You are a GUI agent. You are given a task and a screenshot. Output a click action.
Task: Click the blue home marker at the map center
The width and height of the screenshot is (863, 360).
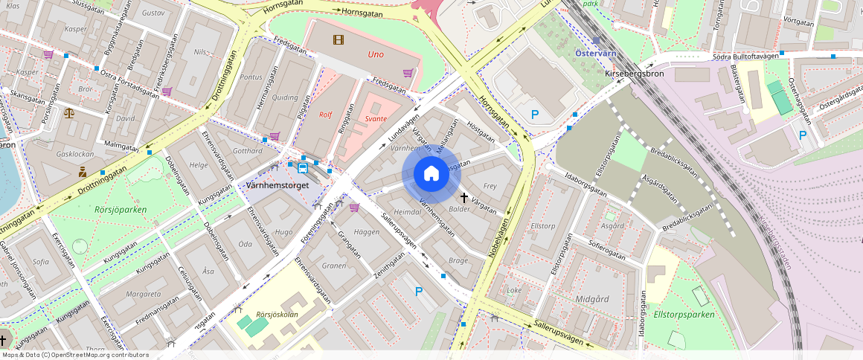(431, 174)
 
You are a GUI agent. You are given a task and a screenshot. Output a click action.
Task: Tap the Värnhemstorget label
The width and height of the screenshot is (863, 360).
(277, 185)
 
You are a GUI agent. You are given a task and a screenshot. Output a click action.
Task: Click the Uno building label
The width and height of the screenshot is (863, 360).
(376, 54)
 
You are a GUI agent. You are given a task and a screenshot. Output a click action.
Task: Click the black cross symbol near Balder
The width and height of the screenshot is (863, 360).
(464, 198)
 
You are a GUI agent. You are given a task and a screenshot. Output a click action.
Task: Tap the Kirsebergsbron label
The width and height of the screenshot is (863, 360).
(633, 76)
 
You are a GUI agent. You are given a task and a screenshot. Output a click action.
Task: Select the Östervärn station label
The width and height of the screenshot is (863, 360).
(597, 53)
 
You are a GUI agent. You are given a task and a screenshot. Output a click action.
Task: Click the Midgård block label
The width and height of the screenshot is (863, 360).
(593, 298)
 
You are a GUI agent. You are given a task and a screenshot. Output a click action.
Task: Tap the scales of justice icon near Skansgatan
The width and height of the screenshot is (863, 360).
(69, 114)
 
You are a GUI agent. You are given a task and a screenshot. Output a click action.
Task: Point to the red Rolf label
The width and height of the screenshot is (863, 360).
(325, 115)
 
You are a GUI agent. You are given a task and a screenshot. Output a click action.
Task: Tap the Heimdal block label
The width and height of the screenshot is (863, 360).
(407, 212)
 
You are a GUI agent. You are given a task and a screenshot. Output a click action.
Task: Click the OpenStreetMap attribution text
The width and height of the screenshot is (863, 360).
(74, 355)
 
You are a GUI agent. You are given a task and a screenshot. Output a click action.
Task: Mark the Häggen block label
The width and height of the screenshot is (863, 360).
(367, 232)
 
